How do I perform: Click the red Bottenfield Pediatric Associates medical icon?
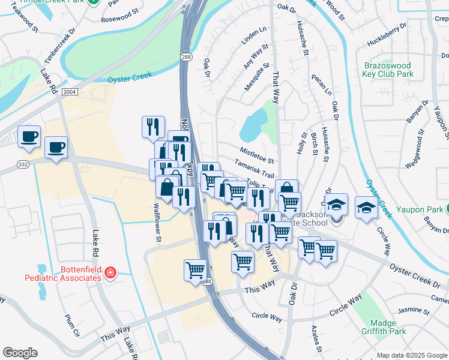click(x=110, y=274)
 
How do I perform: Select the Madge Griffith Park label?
click(x=384, y=327)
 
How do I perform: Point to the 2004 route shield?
click(x=69, y=91)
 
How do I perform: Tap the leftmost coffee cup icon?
click(x=29, y=137)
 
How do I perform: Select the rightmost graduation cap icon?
click(x=366, y=208)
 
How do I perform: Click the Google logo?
click(x=20, y=353)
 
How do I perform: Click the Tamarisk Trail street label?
click(x=255, y=167)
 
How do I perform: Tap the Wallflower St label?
click(x=157, y=223)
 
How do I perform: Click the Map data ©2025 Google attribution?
click(x=412, y=355)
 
